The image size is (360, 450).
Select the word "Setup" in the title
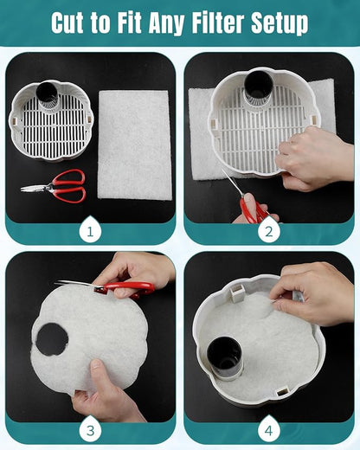pos(280,24)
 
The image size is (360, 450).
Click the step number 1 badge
pos(90,231)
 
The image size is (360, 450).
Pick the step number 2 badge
pos(269,231)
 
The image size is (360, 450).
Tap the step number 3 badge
pos(90,431)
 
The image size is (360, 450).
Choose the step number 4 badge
pos(269,431)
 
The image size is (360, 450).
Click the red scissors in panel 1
pos(55,185)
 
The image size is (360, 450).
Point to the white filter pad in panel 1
pos(134,145)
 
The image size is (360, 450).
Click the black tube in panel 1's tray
pos(47,94)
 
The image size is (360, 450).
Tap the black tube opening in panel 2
pos(259,82)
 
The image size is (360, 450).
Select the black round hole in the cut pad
pos(52,339)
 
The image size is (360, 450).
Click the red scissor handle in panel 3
pos(129,287)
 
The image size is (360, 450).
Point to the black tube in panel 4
pos(224,357)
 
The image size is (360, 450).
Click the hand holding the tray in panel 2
pos(313,157)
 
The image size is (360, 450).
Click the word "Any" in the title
pos(166,24)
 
